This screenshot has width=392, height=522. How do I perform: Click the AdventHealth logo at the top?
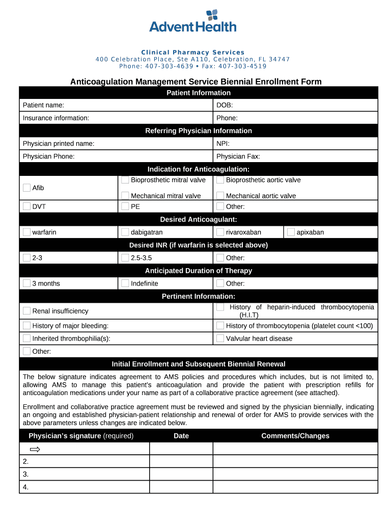coord(193,21)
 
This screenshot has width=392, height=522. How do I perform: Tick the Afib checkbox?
coord(26,188)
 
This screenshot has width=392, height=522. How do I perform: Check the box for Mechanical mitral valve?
coord(125,195)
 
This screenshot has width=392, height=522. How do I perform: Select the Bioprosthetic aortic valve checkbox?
coord(220,180)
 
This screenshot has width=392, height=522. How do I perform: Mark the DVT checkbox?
coord(26,206)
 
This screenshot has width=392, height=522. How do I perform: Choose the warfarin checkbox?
coord(26,232)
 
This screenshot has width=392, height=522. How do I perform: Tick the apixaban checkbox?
coord(291,232)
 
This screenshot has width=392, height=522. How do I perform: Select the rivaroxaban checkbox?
coord(220,232)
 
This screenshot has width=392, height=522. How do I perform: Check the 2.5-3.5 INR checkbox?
coord(125,257)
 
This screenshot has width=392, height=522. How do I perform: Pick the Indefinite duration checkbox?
coord(125,283)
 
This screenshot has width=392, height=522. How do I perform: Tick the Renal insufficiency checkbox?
coord(26,310)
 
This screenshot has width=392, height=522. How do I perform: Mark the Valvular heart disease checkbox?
coord(220,338)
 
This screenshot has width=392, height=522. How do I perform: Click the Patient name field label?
coord(43,105)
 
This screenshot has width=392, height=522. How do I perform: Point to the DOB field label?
coord(225,105)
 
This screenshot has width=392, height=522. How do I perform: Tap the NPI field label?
coord(223,144)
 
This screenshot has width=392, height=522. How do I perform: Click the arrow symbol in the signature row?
coord(35,449)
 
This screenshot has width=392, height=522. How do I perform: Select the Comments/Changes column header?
coord(295,436)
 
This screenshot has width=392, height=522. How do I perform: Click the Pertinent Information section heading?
coord(199,296)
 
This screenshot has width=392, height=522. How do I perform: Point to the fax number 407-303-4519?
coord(241,66)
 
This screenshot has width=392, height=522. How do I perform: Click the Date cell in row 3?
coord(181,474)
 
